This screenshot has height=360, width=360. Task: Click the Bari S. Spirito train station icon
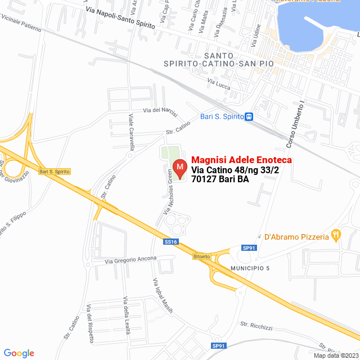click(x=249, y=117)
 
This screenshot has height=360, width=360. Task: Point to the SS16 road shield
click(x=171, y=242)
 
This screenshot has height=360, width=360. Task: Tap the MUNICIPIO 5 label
click(x=250, y=268)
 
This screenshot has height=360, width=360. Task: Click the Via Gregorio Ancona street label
click(x=131, y=261)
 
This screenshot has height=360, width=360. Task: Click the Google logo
click(x=19, y=353)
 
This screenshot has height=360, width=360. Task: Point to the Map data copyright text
click(x=336, y=355)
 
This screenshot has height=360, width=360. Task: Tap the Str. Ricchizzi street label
click(x=256, y=325)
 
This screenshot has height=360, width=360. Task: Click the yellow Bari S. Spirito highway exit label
click(x=54, y=171)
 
